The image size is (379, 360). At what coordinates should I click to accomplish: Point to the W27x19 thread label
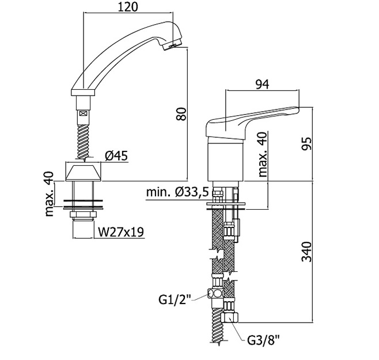(120, 232)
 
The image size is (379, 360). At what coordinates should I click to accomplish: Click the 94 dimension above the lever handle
(262, 84)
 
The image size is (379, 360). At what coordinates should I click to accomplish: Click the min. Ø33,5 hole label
(175, 192)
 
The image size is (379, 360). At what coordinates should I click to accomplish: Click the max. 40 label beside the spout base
(50, 194)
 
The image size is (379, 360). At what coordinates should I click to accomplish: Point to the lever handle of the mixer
(253, 118)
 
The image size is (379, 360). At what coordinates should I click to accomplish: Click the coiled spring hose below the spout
(84, 138)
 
